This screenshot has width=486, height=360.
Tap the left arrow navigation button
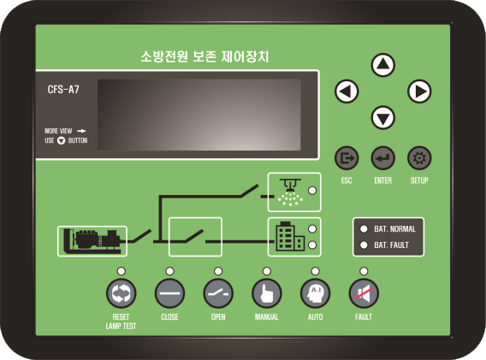pyautogui.click(x=347, y=91)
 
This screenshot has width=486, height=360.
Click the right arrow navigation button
pyautogui.click(x=419, y=91)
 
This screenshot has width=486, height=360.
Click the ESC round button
pyautogui.click(x=347, y=158)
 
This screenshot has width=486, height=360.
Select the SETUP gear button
pyautogui.click(x=419, y=158)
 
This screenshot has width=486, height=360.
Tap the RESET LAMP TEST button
pyautogui.click(x=121, y=293)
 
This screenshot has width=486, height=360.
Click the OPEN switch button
pyautogui.click(x=218, y=293)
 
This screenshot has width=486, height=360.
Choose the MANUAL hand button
pyautogui.click(x=267, y=293)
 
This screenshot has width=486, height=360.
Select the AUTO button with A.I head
pyautogui.click(x=315, y=293)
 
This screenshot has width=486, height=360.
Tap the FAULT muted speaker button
pyautogui.click(x=364, y=293)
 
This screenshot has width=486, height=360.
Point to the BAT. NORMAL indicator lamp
pyautogui.click(x=364, y=229)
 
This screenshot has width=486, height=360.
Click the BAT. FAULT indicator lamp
pyautogui.click(x=364, y=245)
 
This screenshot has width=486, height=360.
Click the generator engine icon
pyautogui.click(x=92, y=241)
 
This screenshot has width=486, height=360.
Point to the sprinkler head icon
pyautogui.click(x=290, y=192)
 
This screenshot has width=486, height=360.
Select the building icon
pyautogui.click(x=290, y=236)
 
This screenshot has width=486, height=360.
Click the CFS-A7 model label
pyautogui.click(x=63, y=90)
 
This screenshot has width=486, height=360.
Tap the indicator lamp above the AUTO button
pyautogui.click(x=315, y=271)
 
